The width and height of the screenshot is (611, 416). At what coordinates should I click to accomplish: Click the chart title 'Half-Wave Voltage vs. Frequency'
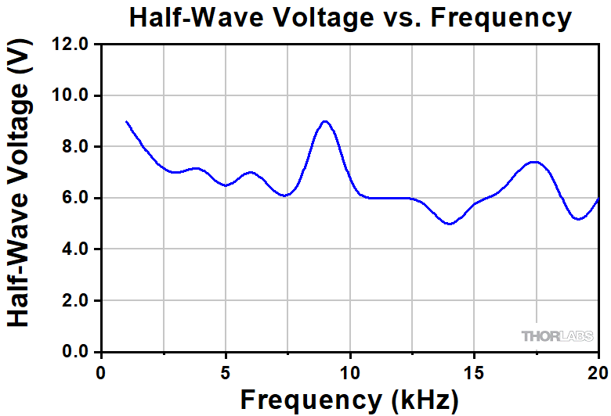[350, 17]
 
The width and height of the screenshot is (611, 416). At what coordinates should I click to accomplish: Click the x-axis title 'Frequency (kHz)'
[349, 400]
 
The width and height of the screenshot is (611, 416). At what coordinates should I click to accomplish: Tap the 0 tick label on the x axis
[101, 371]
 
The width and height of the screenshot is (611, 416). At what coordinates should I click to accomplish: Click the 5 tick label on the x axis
[226, 371]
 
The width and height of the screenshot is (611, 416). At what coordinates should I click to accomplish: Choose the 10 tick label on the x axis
[350, 371]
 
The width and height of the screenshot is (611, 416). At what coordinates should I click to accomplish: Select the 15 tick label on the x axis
[474, 371]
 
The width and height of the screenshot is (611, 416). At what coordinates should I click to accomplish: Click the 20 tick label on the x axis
[598, 371]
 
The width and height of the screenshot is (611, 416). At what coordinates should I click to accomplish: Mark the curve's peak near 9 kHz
[325, 121]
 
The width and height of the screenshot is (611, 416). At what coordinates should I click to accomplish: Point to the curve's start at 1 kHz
[126, 121]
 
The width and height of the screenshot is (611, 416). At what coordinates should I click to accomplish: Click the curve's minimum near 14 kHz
[450, 224]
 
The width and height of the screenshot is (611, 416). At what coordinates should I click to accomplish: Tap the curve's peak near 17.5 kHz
[536, 162]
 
